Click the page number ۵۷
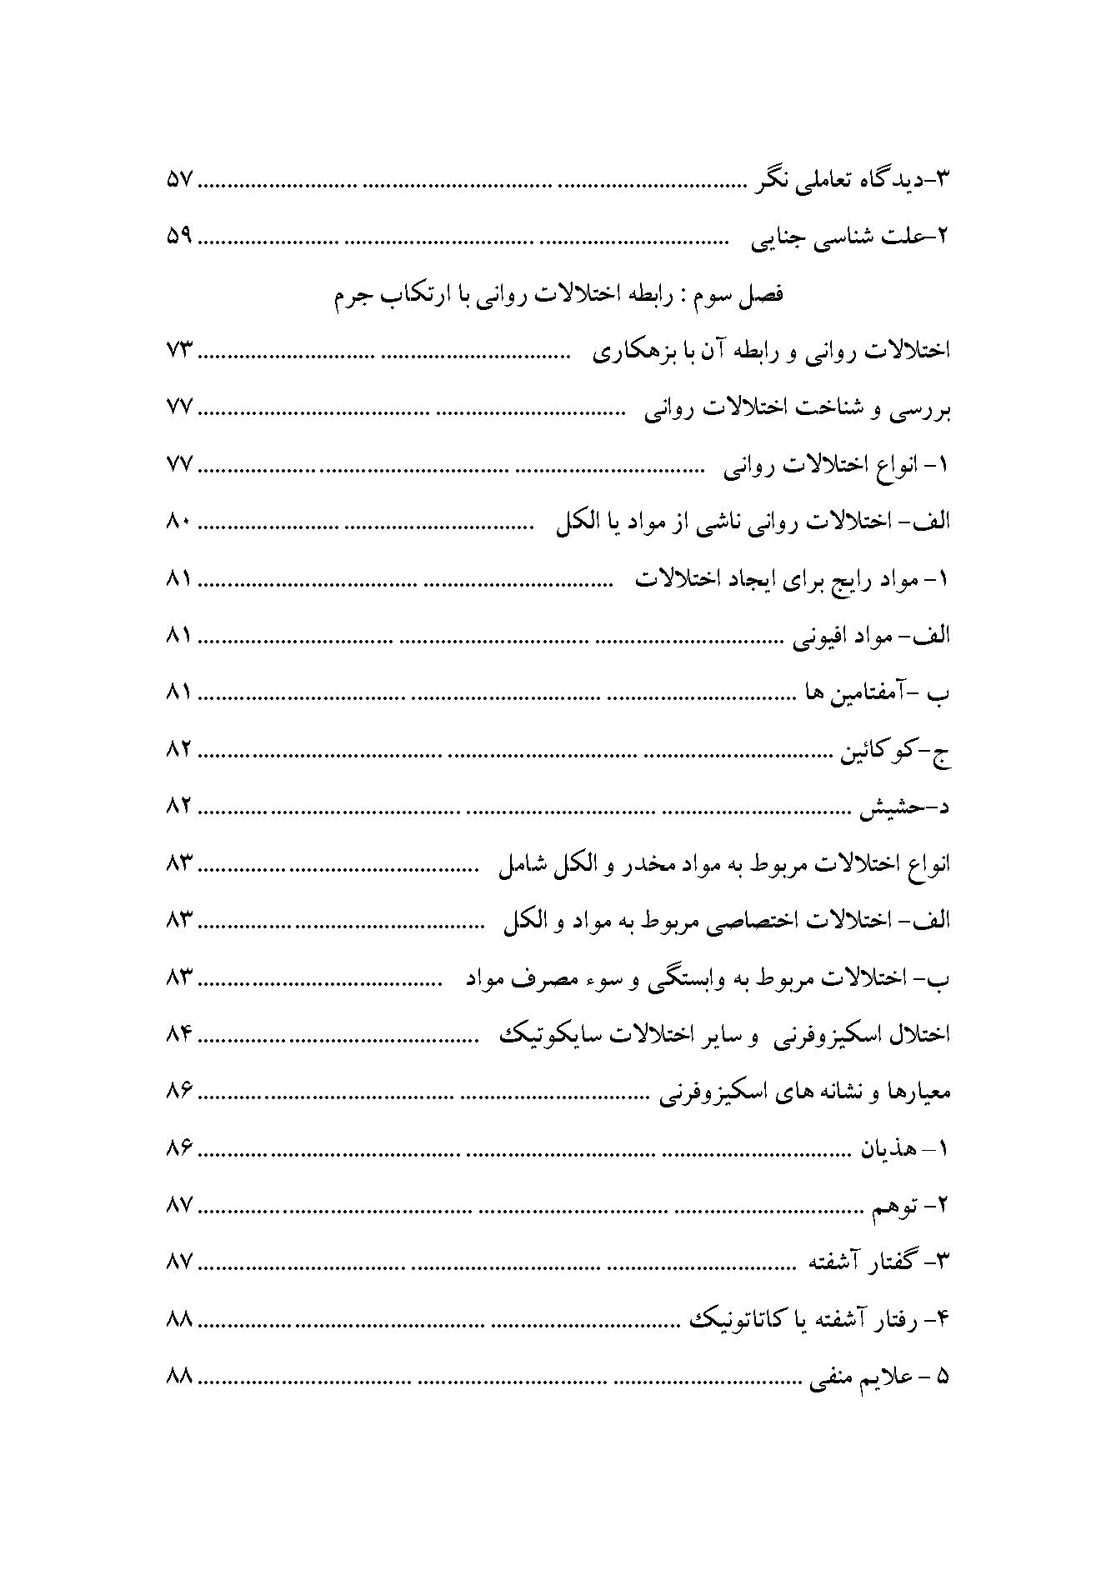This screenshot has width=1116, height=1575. point(178,179)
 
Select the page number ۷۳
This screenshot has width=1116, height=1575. point(178,351)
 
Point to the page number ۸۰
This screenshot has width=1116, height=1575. point(178,522)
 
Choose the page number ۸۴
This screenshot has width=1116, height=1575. point(178,1034)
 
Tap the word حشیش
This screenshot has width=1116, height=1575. point(887,808)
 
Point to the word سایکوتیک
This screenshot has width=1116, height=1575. point(542,1034)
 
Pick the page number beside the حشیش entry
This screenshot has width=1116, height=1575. point(178,807)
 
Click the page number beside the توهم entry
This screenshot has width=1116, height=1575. point(178,1205)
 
